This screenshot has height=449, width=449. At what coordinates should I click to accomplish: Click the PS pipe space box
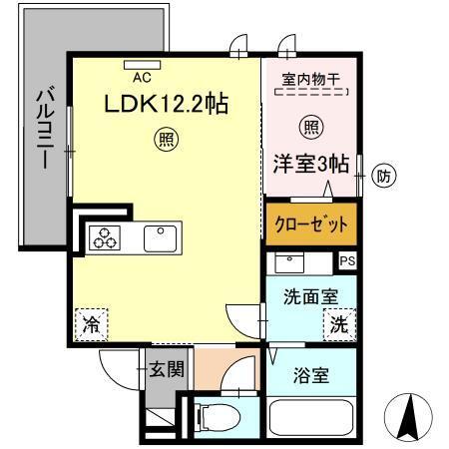pos(346,260)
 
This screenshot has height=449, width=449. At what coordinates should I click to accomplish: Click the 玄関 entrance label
pos(167,370)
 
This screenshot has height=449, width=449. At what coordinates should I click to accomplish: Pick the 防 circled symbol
pos(382,178)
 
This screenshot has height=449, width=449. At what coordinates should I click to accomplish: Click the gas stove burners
pos(103,237)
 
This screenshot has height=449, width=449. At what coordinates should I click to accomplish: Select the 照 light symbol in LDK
pos(162,139)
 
